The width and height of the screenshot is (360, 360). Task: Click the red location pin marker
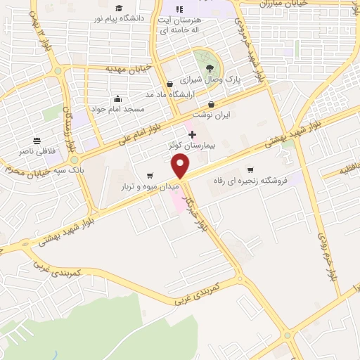click(181, 166)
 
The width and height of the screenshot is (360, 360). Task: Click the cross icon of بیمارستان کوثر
click(193, 134)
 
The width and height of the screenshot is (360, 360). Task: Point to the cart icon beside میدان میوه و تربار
click(150, 174)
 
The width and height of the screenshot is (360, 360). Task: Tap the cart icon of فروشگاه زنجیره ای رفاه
click(250, 170)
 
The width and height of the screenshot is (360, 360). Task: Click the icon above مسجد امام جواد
click(117, 98)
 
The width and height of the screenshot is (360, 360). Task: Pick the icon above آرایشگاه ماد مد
click(169, 84)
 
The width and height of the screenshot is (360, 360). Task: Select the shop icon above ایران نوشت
click(212, 104)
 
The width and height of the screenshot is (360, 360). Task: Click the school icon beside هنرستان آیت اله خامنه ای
click(179, 8)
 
